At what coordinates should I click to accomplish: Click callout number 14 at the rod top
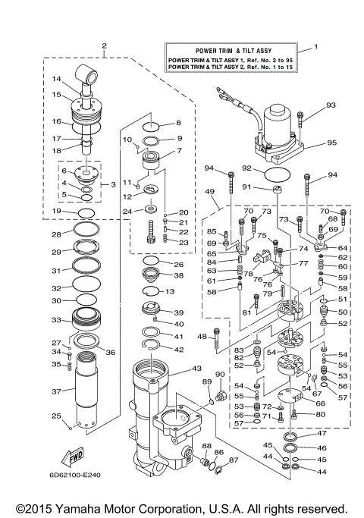tap(56, 79)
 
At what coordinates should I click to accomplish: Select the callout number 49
tap(209, 193)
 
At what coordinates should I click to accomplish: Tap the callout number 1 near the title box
tap(316, 48)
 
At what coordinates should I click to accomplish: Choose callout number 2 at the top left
tap(104, 46)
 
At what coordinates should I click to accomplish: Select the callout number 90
tap(221, 375)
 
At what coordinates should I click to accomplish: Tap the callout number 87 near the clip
tap(233, 460)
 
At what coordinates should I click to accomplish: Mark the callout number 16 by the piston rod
tap(56, 121)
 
